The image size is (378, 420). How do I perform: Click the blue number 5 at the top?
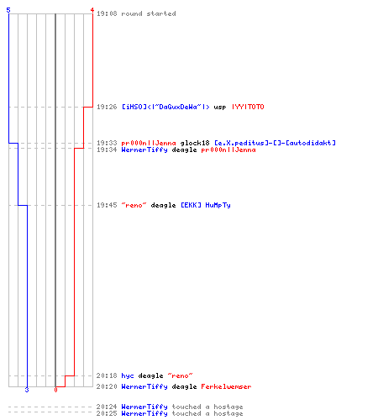tap(8, 10)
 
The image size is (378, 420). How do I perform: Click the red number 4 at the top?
tap(92, 10)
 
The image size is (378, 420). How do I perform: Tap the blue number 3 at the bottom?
tap(27, 390)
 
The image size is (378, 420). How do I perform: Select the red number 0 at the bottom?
tap(55, 390)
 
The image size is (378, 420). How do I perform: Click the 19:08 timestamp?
tap(107, 13)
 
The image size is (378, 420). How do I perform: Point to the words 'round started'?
tap(149, 13)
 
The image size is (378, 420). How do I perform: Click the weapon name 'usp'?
tap(220, 107)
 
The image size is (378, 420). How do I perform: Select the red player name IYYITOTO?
tap(248, 107)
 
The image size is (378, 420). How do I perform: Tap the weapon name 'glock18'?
tap(195, 143)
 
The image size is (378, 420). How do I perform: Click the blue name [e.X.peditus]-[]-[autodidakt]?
tap(275, 143)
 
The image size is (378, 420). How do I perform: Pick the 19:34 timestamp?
tap(107, 150)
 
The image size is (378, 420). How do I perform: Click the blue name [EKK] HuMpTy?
tap(206, 205)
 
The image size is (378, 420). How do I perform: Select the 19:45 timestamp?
tap(107, 205)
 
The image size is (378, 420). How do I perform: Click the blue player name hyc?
tap(128, 375)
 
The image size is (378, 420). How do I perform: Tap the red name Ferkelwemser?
tap(226, 386)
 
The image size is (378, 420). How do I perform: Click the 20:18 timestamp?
tap(107, 375)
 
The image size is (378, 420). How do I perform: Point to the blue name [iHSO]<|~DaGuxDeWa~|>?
tap(165, 107)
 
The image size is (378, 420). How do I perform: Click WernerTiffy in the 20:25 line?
tap(144, 413)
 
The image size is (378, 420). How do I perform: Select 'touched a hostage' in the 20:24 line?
tap(207, 407)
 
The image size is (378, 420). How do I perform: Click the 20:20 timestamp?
tap(107, 386)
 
